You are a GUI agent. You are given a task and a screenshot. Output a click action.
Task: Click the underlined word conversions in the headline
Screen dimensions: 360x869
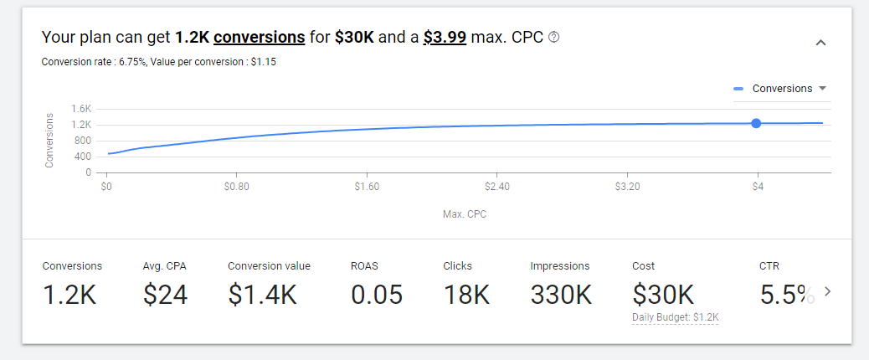click(260, 38)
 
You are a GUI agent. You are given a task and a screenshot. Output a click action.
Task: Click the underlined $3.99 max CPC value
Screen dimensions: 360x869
click(445, 38)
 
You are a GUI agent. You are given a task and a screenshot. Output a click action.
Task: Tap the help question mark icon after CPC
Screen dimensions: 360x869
click(553, 38)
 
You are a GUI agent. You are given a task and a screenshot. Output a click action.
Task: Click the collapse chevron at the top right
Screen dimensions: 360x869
click(820, 43)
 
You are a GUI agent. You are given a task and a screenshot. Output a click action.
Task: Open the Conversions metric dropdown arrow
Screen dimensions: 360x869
click(822, 89)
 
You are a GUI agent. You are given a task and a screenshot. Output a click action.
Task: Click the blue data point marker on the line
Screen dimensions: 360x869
click(756, 123)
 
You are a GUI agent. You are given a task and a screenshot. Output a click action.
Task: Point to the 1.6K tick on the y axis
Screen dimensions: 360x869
click(81, 109)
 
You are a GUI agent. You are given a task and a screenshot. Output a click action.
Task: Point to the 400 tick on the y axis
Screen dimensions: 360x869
click(83, 157)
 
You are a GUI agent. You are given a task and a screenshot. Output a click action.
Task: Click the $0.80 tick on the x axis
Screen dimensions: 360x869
click(236, 187)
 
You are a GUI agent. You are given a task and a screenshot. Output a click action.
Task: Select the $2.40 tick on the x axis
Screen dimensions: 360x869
click(496, 187)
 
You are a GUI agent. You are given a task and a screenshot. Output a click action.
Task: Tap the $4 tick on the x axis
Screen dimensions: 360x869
click(757, 187)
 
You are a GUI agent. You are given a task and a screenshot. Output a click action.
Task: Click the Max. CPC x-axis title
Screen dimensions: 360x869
click(465, 214)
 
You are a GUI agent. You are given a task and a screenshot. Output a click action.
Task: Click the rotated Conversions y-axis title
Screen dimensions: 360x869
click(49, 140)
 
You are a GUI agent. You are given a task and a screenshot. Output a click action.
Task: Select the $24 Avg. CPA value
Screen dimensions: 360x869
click(165, 294)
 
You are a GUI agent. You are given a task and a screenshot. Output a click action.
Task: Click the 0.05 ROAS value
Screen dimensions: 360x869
click(377, 294)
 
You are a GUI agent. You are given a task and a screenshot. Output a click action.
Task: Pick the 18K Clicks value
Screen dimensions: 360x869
click(465, 294)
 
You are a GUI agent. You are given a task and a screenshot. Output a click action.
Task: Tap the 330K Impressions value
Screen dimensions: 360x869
click(561, 294)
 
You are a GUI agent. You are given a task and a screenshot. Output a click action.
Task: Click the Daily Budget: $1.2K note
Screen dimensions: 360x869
click(676, 317)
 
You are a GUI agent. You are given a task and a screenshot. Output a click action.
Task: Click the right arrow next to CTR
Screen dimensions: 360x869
click(828, 291)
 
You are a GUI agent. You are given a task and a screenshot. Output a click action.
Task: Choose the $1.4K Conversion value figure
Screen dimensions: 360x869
click(262, 294)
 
